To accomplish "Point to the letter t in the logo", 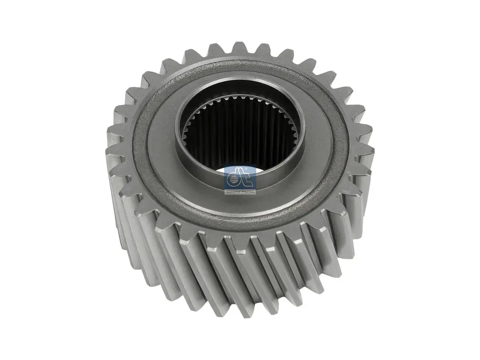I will pos(247,179).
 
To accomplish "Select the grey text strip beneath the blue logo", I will pos(240,192).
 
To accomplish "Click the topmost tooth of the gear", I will pos(240,47).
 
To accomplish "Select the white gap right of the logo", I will pos(261,170).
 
